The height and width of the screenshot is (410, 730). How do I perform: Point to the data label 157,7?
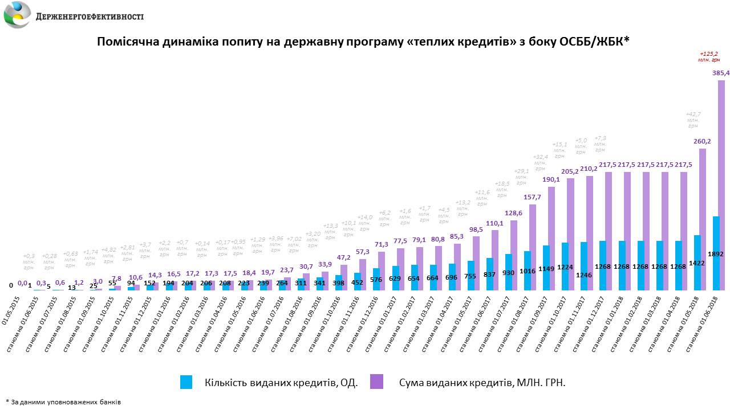[533, 198]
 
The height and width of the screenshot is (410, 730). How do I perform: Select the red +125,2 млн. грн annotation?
[709, 56]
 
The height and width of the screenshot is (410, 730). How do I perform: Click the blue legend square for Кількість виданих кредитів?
[186, 382]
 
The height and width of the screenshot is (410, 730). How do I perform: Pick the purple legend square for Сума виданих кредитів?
[376, 382]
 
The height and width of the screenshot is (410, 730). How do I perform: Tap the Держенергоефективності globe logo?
[17, 15]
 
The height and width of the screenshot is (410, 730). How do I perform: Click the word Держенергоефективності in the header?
[90, 17]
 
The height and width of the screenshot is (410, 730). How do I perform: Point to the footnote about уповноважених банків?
[63, 402]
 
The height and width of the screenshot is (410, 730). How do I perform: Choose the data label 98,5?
[476, 229]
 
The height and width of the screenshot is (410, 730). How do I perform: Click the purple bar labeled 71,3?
[382, 271]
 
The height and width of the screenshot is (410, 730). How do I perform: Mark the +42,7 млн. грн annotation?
[693, 120]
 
